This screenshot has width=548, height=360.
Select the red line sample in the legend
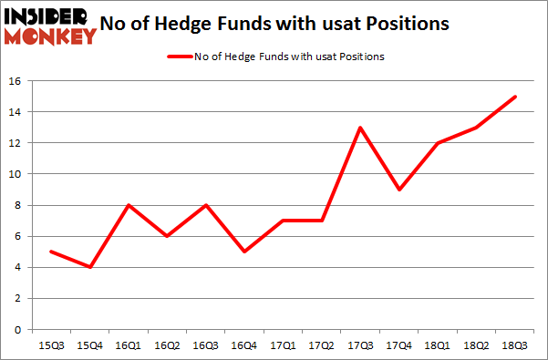point(179,57)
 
